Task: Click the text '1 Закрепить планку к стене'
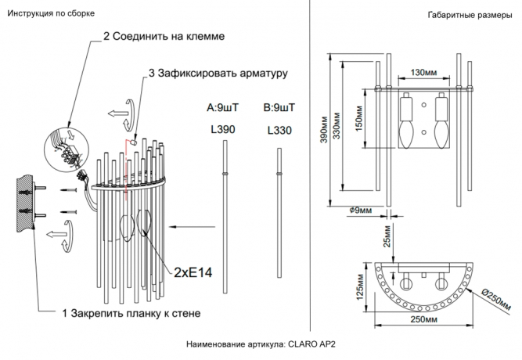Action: pyautogui.click(x=131, y=313)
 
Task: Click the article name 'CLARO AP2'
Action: pyautogui.click(x=317, y=344)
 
